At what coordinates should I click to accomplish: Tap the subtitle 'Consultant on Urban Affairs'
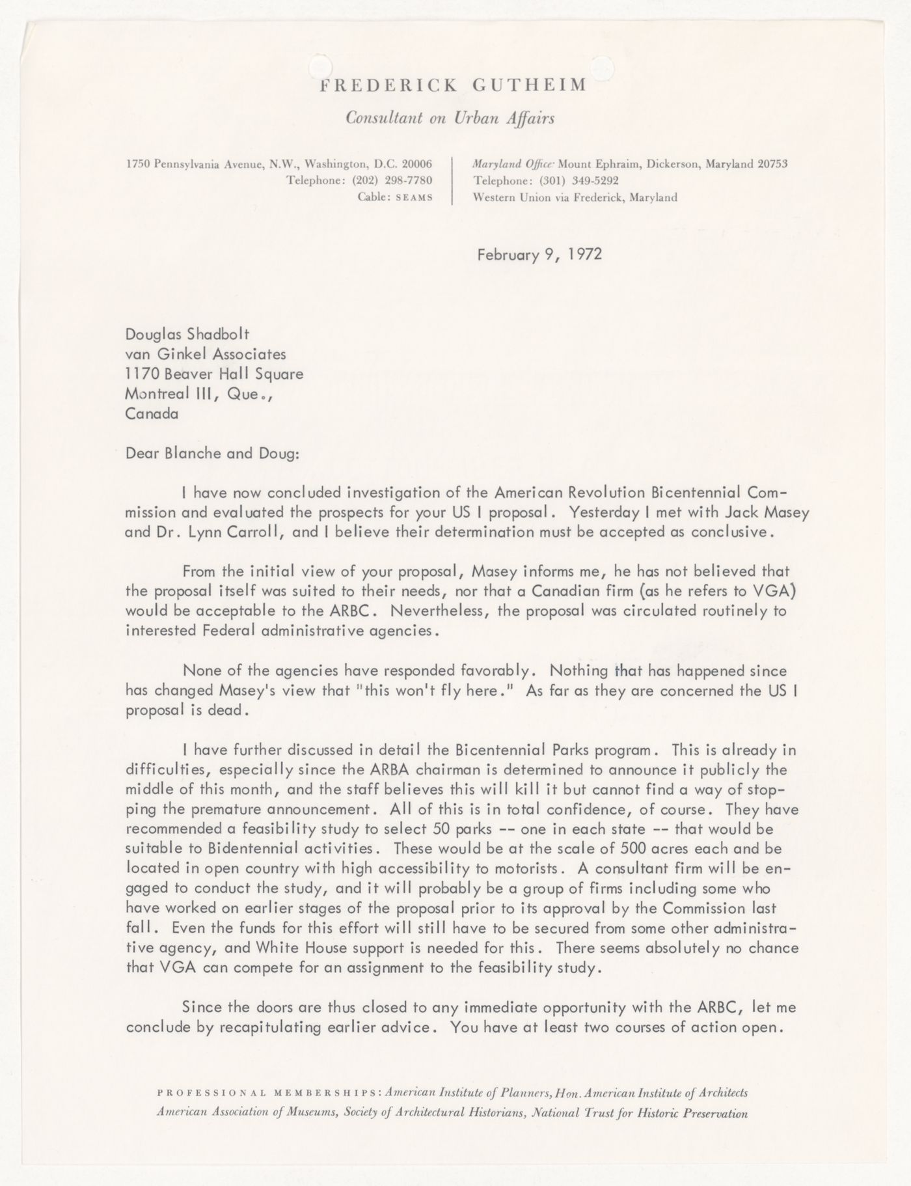(450, 118)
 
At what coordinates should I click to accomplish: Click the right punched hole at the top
(602, 66)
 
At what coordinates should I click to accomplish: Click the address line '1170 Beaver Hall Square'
(214, 374)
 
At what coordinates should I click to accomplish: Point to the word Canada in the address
(152, 413)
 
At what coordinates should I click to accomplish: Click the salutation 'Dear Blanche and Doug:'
(213, 453)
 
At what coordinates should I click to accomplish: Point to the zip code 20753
(772, 164)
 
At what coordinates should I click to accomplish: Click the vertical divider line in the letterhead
(452, 180)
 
